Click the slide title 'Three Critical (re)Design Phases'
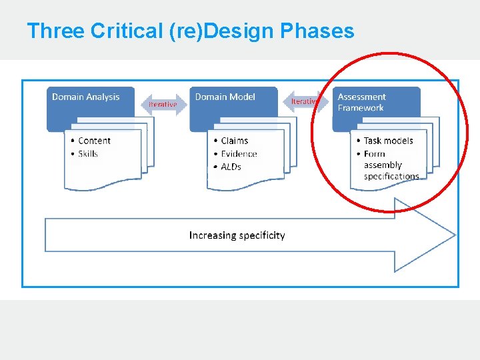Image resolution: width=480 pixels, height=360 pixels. point(190,31)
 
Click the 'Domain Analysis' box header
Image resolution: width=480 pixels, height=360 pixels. point(86,97)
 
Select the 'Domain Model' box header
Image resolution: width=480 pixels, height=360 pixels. point(225,97)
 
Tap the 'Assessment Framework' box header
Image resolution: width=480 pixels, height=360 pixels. point(362,102)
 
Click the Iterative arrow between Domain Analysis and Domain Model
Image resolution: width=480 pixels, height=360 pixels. point(163,104)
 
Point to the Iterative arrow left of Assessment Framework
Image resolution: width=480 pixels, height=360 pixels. point(307,101)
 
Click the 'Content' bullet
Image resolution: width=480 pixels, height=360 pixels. point(94,141)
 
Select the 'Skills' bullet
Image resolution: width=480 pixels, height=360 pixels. point(88,154)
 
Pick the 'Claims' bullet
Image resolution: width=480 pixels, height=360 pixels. point(234,141)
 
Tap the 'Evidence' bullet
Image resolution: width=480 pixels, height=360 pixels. point(239,154)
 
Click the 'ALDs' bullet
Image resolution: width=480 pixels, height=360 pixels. point(231,167)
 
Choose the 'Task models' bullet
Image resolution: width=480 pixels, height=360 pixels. point(388,141)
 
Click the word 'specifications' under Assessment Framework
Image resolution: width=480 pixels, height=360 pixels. point(391,177)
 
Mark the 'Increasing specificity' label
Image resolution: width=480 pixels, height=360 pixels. point(237,235)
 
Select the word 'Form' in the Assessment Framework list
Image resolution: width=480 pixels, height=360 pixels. point(375,154)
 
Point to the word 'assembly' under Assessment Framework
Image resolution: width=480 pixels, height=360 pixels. point(383,165)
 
